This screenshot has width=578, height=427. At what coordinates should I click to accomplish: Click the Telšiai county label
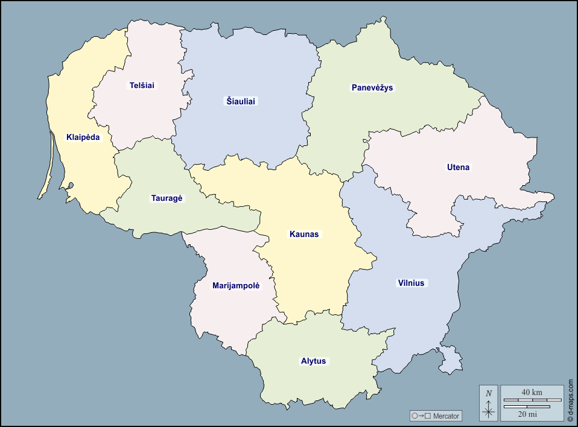pyautogui.click(x=142, y=86)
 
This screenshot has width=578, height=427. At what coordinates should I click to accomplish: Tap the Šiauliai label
pyautogui.click(x=241, y=101)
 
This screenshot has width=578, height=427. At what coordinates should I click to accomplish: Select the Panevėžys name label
pyautogui.click(x=372, y=87)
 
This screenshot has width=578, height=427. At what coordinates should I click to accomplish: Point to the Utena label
pyautogui.click(x=458, y=167)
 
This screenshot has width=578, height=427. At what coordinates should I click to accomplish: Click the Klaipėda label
pyautogui.click(x=83, y=138)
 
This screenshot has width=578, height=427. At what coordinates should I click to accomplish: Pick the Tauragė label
pyautogui.click(x=167, y=198)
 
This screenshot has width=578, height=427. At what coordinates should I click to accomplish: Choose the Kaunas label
pyautogui.click(x=304, y=234)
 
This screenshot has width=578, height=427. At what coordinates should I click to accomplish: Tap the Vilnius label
pyautogui.click(x=411, y=283)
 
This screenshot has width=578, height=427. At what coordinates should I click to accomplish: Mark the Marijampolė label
pyautogui.click(x=236, y=285)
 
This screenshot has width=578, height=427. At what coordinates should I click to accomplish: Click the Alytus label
pyautogui.click(x=313, y=361)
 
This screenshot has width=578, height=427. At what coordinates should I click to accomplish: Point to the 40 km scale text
pyautogui.click(x=532, y=393)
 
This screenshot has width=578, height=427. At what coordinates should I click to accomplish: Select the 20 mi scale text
pyautogui.click(x=527, y=414)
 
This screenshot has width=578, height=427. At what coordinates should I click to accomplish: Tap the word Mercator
pyautogui.click(x=446, y=416)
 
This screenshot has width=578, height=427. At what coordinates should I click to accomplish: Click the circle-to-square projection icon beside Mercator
pyautogui.click(x=421, y=416)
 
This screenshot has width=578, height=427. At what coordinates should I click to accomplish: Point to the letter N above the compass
pyautogui.click(x=489, y=393)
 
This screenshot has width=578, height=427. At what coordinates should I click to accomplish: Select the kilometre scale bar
pyautogui.click(x=532, y=400)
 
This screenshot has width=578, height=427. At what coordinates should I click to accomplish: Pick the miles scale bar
pyautogui.click(x=526, y=407)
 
